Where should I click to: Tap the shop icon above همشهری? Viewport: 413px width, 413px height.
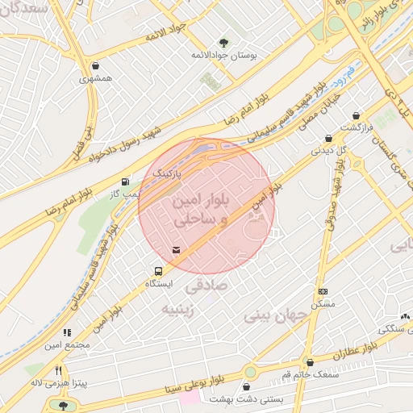click(x=96, y=66)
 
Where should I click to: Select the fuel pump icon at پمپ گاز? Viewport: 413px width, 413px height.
click(x=125, y=182)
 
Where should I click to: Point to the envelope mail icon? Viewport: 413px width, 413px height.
click(x=177, y=249)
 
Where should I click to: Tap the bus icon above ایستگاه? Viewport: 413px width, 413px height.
click(x=159, y=271)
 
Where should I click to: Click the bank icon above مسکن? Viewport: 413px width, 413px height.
click(x=323, y=291)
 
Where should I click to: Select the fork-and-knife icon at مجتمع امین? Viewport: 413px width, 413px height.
click(x=67, y=332)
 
